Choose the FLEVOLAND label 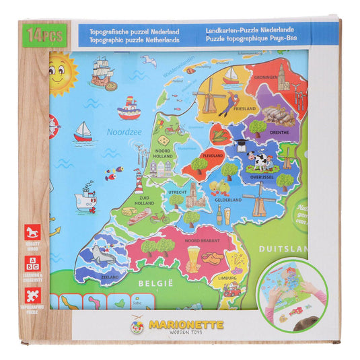pyautogui.click(x=213, y=155)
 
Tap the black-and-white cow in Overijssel pyautogui.click(x=258, y=161)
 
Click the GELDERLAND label pyautogui.click(x=228, y=200)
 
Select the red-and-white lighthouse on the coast pyautogui.click(x=139, y=181)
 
